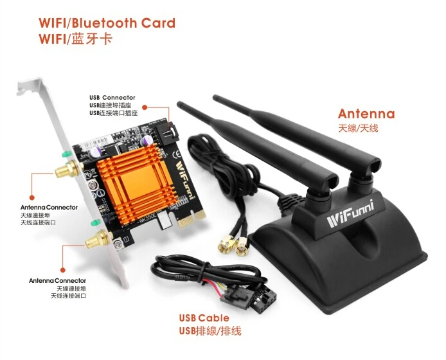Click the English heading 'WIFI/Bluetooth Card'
tap(107, 23)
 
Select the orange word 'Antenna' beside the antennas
tap(366, 114)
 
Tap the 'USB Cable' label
tap(204, 318)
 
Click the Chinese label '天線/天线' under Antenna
tap(358, 129)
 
